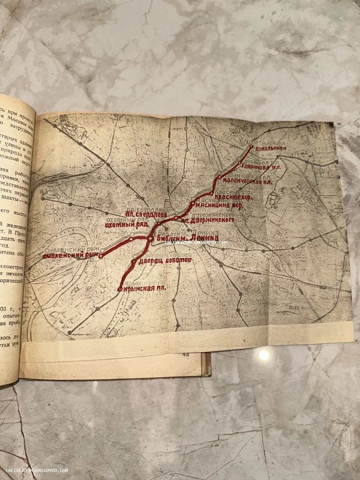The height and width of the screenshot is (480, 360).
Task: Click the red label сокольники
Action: pyautogui.click(x=271, y=148)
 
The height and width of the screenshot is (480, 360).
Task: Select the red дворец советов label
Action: pyautogui.click(x=164, y=261)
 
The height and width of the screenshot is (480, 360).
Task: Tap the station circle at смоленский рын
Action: pyautogui.click(x=101, y=256)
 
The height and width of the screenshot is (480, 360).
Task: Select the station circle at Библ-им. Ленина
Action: pyautogui.click(x=151, y=238)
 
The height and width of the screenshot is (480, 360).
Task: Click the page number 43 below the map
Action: pyautogui.click(x=185, y=354)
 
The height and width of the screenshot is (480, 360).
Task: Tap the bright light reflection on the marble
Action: pyautogui.click(x=264, y=354)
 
